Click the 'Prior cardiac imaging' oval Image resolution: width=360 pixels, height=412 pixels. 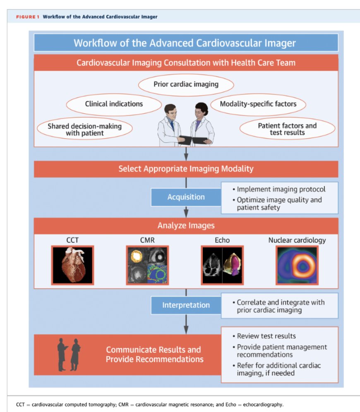point(186,84)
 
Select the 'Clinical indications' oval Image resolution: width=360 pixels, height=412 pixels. point(114,104)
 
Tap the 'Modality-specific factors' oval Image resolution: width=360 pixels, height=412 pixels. point(258,104)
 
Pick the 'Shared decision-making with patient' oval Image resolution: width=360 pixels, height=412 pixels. point(84,129)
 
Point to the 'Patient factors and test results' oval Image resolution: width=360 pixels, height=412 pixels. point(287,129)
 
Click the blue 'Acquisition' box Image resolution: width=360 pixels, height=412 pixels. point(186,197)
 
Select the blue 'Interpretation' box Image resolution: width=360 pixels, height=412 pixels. point(186,305)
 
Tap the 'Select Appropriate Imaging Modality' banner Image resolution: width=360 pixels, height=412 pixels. point(186,169)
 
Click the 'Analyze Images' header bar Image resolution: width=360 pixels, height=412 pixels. point(186,225)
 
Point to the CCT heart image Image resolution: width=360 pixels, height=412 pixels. point(72,265)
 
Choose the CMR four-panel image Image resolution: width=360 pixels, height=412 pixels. point(147,265)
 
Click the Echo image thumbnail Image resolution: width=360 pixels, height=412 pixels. point(222,265)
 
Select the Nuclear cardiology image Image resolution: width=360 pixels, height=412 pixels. point(297,265)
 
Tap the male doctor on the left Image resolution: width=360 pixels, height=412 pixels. point(170,124)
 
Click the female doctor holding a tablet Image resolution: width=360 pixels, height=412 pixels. point(202,124)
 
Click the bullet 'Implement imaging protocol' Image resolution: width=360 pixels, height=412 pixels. point(281,189)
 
